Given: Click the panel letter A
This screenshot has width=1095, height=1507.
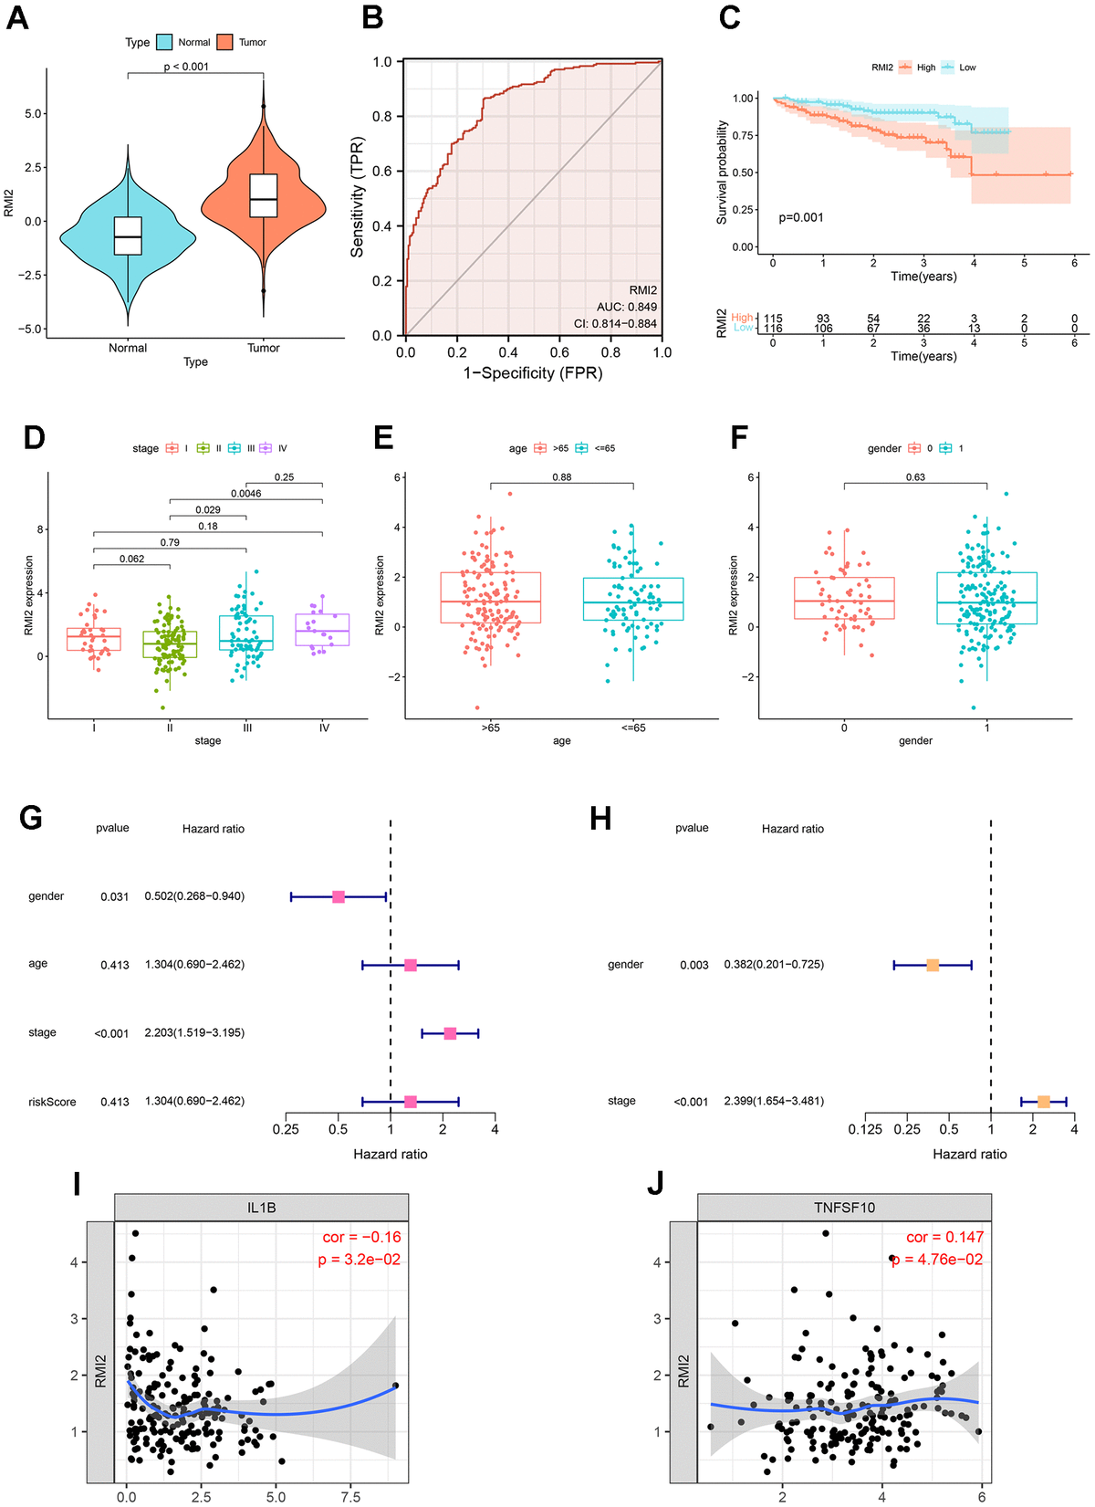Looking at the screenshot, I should pos(17,17).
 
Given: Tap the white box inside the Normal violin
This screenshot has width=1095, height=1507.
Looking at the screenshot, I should pos(128,235).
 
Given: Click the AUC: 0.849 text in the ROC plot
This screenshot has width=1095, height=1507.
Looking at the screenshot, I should pos(627,307).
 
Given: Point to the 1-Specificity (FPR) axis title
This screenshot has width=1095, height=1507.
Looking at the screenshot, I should pos(533,373).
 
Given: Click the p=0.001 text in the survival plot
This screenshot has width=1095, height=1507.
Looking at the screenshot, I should pos(801,217).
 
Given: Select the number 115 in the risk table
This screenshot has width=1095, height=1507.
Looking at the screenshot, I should pos(773,319).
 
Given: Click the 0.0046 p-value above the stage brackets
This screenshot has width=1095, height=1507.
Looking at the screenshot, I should pos(245,494).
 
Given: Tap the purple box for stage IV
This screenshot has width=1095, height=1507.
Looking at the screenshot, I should pos(323,630).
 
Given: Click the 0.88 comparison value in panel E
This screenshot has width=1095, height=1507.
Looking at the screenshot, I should pos(561,477).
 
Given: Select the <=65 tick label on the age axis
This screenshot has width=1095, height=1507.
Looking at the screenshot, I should pos(633,728).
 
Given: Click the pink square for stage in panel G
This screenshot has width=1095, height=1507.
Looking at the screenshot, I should pos(450,1033).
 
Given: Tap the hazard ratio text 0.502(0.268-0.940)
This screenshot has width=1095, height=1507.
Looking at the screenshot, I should pos(194,896).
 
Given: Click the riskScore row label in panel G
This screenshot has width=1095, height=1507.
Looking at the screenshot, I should pos(52,1102).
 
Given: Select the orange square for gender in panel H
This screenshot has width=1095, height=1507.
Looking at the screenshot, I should pos(933,965).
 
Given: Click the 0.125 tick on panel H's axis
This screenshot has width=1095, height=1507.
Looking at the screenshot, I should pos(865,1130).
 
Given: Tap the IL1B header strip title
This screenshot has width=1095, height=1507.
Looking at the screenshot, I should pos(261,1208).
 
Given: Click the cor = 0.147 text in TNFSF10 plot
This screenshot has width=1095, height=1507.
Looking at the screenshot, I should pos(944,1238).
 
